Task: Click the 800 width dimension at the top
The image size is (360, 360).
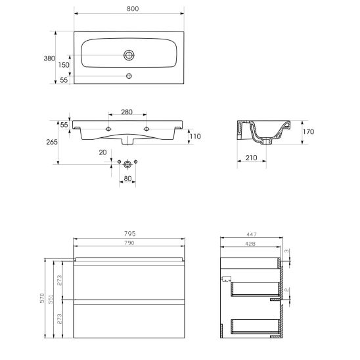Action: (133, 9)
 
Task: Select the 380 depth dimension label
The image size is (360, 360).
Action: (49, 58)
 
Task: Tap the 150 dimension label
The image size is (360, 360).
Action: (64, 65)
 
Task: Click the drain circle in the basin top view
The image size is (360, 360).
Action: (129, 55)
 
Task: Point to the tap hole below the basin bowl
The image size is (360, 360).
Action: (129, 76)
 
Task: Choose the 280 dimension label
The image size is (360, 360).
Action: (127, 112)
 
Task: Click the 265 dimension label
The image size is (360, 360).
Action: (52, 142)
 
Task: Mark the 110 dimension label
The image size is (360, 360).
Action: (195, 137)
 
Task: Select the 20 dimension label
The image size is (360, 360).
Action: (102, 152)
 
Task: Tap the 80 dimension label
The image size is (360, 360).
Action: (127, 179)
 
